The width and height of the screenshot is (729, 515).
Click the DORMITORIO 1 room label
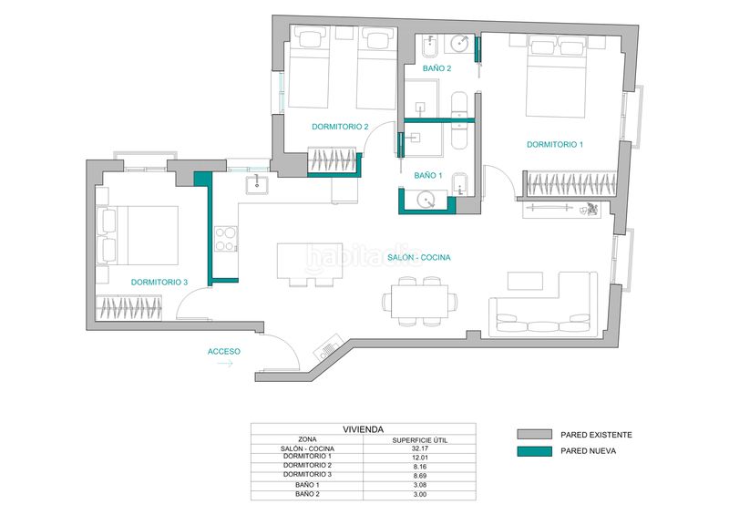click(x=555, y=145)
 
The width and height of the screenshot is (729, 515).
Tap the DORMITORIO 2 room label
click(x=340, y=127)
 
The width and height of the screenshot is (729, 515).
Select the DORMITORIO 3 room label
click(x=159, y=283)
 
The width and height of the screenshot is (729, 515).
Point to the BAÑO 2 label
click(x=436, y=68)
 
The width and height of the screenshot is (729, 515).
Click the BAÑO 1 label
click(x=428, y=175)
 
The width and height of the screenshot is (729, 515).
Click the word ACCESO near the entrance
click(x=223, y=351)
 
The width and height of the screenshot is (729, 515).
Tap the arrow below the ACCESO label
click(x=225, y=364)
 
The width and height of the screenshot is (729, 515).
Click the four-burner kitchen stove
click(x=225, y=239)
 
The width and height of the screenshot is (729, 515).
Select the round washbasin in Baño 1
click(x=426, y=201)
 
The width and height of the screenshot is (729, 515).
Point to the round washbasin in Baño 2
click(x=460, y=44)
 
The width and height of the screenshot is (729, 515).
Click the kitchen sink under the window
click(x=257, y=184)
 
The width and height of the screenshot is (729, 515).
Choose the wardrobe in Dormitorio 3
click(x=128, y=307)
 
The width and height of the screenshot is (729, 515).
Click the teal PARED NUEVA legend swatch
click(x=534, y=451)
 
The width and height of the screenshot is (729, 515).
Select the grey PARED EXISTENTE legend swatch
click(x=534, y=435)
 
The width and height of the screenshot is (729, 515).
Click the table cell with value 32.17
click(x=419, y=448)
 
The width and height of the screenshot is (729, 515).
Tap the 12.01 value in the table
click(x=419, y=458)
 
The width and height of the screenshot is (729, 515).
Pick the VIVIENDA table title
click(x=363, y=429)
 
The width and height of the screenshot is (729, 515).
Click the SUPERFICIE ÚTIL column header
click(x=420, y=440)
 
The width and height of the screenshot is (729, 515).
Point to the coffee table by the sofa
click(x=525, y=281)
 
